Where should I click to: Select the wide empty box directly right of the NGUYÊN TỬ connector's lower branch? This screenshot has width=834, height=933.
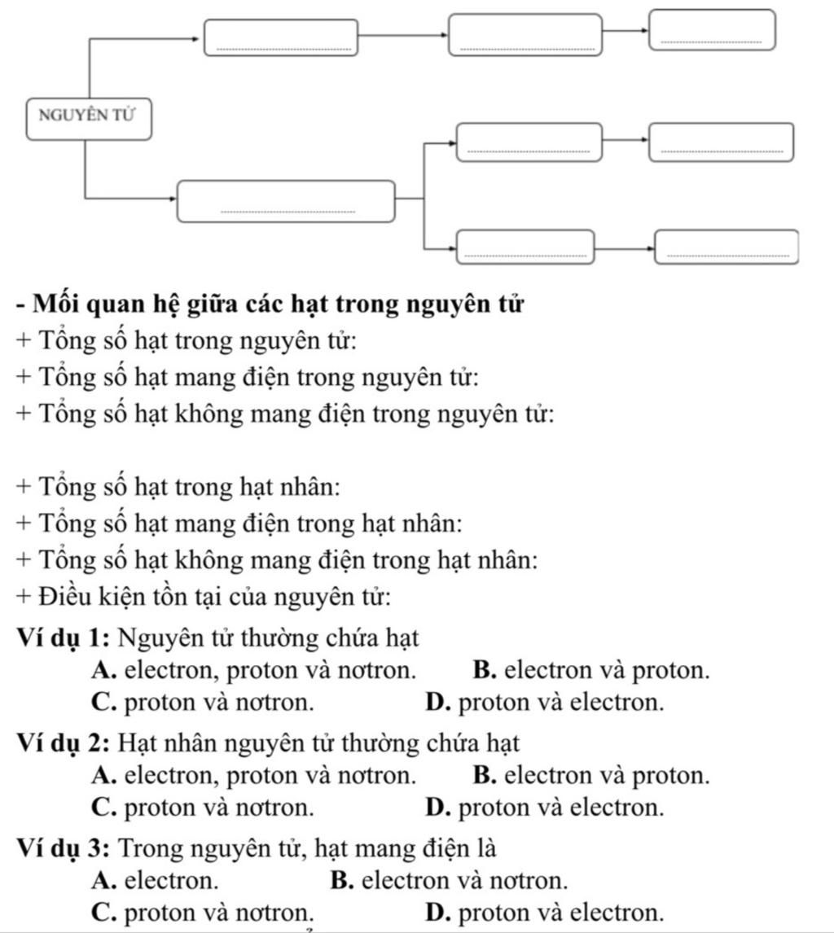(x=288, y=201)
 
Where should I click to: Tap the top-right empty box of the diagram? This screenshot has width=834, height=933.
(x=711, y=29)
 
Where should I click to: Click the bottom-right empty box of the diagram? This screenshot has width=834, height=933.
(x=726, y=247)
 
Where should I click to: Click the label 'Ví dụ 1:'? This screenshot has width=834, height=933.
(x=63, y=636)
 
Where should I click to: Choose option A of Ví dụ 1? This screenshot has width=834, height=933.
(x=252, y=671)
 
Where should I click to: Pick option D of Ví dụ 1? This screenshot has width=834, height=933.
(x=544, y=702)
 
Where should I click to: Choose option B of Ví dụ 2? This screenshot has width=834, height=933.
(x=590, y=775)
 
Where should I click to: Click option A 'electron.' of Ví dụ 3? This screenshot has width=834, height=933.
(x=156, y=880)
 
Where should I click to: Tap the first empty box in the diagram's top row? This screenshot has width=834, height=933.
(x=281, y=37)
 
